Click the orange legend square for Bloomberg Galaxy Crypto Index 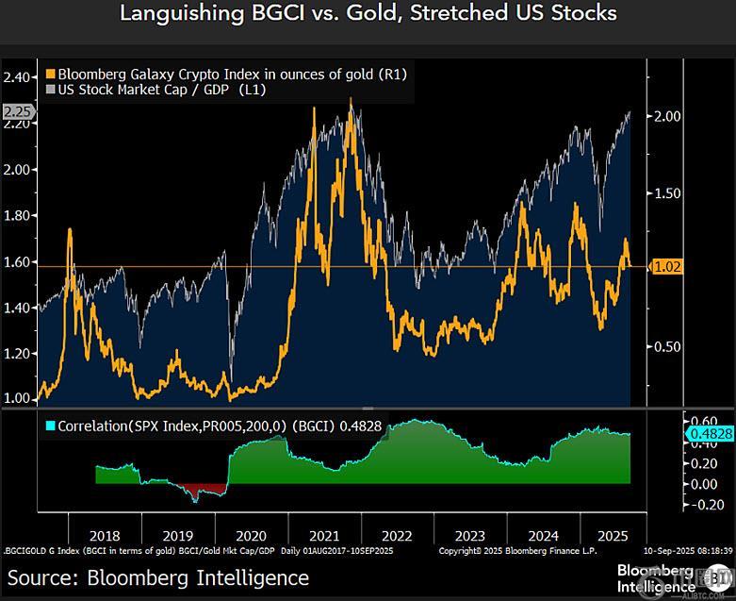click(x=50, y=73)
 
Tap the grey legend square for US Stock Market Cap click(x=50, y=89)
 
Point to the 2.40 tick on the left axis click(x=17, y=77)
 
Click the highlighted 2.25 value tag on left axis click(x=17, y=112)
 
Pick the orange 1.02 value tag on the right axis click(x=666, y=267)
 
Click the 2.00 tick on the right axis click(x=667, y=116)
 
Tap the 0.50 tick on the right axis click(x=667, y=346)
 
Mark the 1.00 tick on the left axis click(x=17, y=398)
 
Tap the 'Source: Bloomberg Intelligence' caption click(x=158, y=576)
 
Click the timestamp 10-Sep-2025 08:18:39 click(x=682, y=549)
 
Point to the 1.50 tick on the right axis click(x=667, y=193)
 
